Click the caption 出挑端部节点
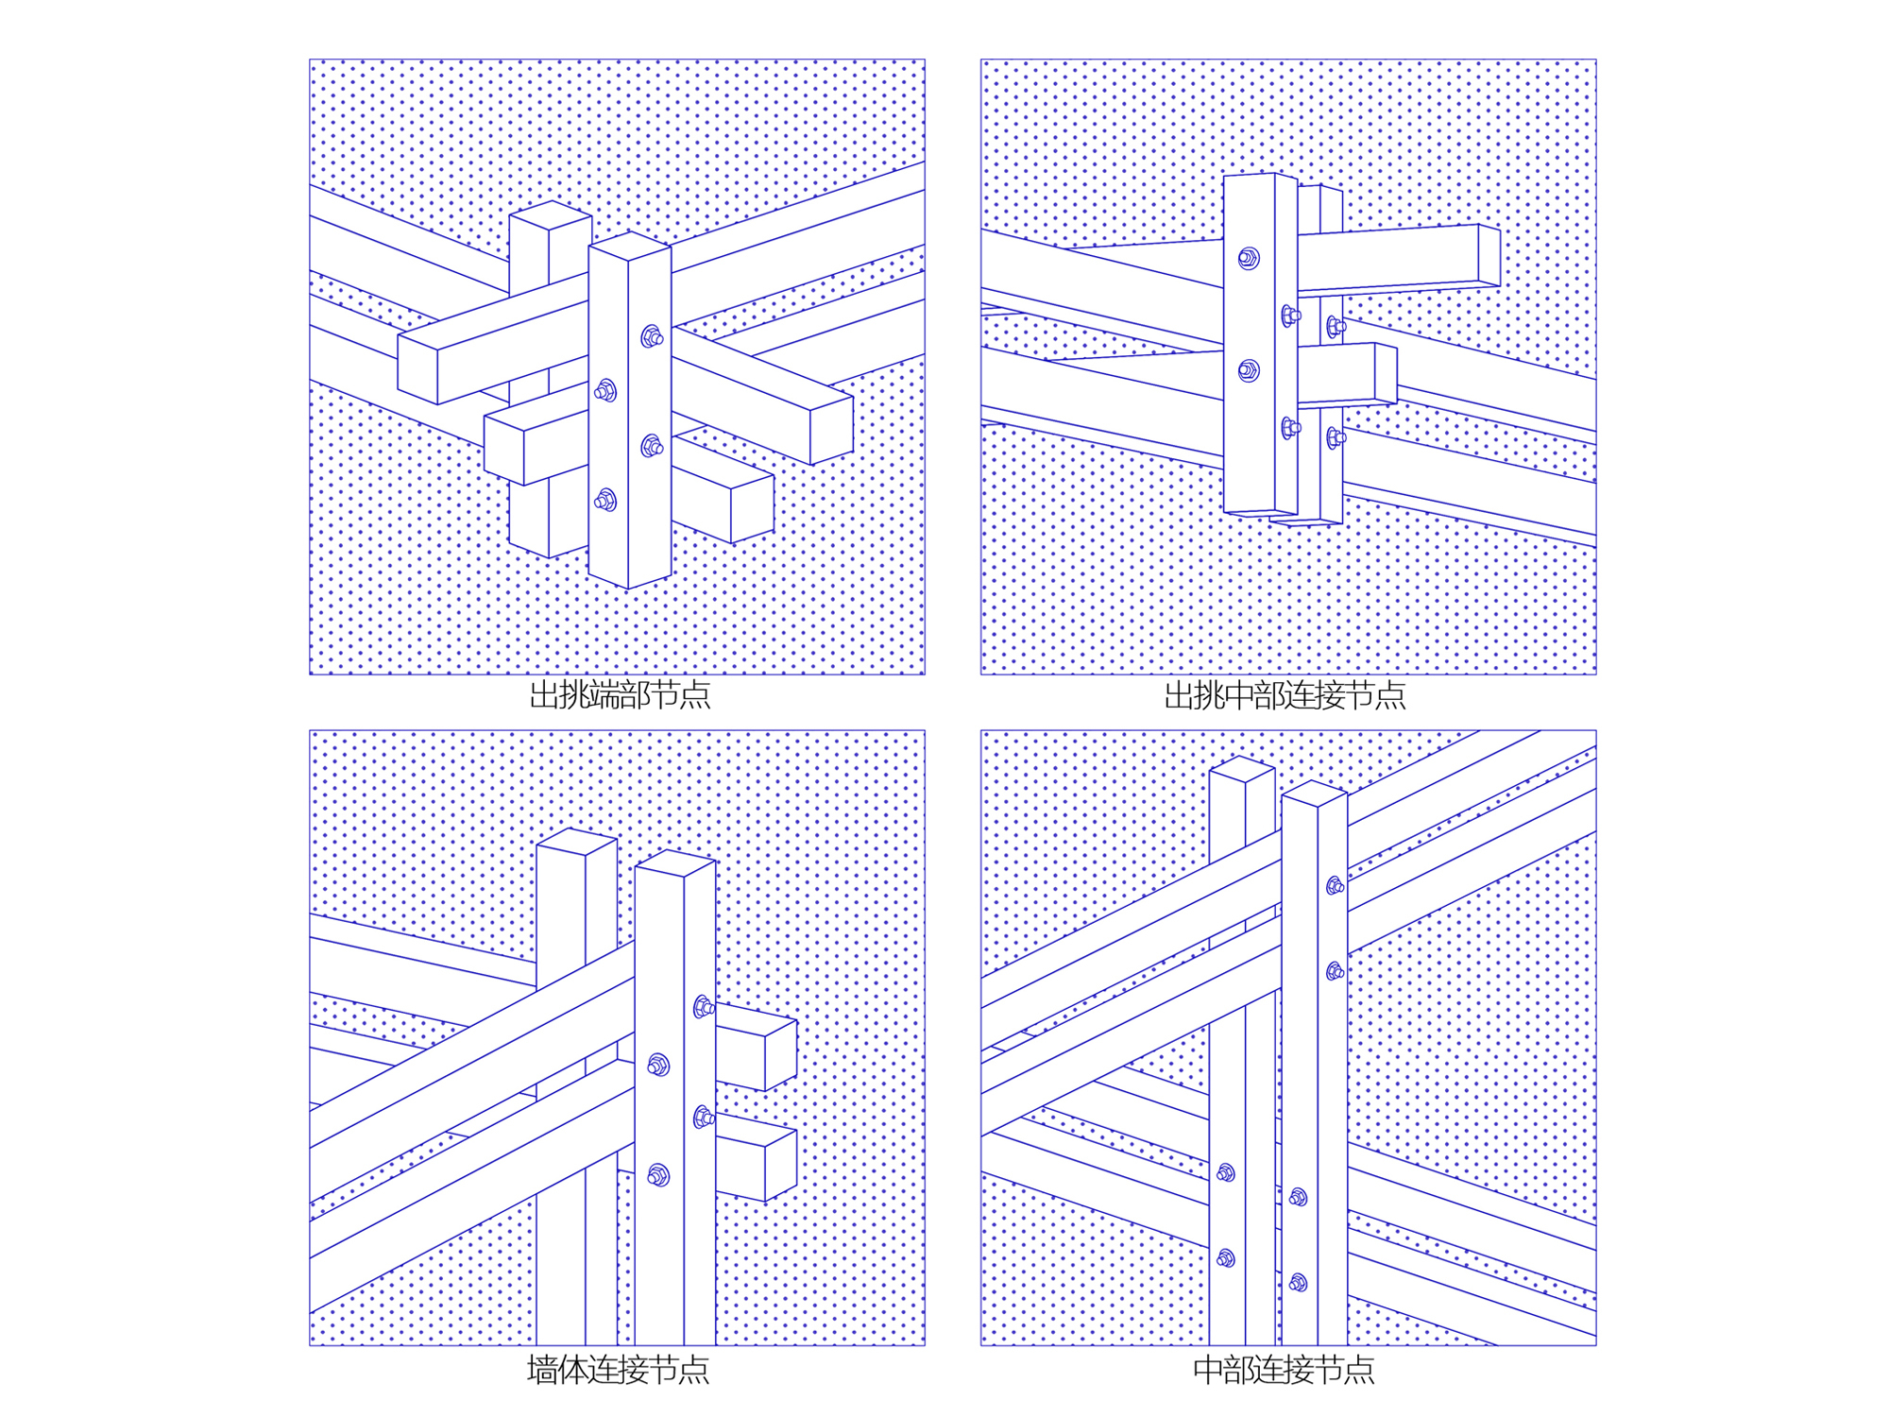619,696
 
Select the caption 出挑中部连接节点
1285,696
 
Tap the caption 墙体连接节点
618,1369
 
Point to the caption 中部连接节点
1284,1369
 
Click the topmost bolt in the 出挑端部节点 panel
652,336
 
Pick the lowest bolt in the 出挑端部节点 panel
605,501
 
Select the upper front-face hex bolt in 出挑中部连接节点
1249,258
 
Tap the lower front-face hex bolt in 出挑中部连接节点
1249,370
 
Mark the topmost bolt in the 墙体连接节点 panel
704,1007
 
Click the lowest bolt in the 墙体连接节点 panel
658,1175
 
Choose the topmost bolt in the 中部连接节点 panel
1335,886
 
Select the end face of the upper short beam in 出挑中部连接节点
1489,255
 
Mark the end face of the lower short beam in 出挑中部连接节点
1386,373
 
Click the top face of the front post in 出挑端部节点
629,247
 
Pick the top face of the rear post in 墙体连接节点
576,841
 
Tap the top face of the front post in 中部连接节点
1314,794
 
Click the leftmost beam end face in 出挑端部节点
417,369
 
